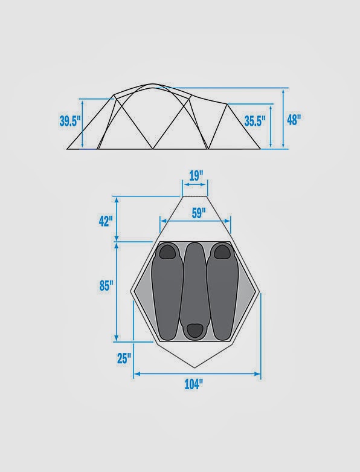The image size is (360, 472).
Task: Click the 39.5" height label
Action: coord(70,121)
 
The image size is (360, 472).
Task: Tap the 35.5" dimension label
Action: coord(255,121)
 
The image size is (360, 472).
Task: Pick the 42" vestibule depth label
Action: coord(106,221)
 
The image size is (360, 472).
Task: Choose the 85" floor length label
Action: coord(106,286)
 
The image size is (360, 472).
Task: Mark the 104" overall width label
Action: coord(194,384)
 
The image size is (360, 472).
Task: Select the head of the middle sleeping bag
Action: coord(194,329)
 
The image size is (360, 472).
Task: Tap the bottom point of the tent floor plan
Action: coord(194,367)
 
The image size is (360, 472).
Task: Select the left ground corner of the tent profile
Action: coord(66,149)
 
